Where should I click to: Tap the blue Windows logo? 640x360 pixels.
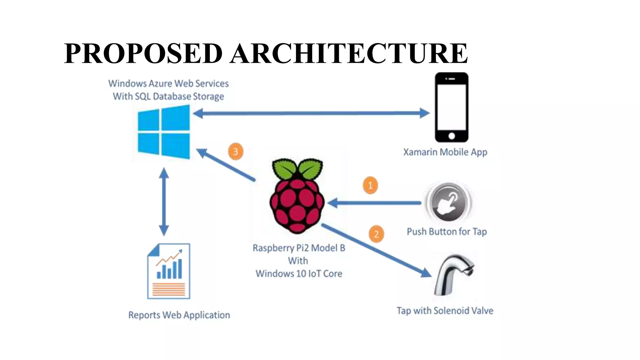[164, 132]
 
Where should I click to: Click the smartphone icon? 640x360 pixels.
[452, 107]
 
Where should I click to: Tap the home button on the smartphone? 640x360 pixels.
[452, 136]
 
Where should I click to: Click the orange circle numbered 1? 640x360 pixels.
[370, 185]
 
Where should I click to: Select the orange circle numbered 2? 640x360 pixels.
[376, 234]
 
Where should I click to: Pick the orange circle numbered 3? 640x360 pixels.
[236, 152]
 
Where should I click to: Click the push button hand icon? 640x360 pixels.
[449, 202]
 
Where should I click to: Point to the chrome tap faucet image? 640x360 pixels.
[455, 274]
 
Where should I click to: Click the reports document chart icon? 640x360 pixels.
[169, 271]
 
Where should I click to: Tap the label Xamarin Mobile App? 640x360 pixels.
[445, 152]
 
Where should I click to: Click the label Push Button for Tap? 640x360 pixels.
[447, 232]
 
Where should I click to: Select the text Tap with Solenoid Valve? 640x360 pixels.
[445, 311]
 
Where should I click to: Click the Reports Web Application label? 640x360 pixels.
[179, 315]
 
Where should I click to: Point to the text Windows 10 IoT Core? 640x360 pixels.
[299, 274]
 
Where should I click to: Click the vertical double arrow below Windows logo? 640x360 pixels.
[164, 202]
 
